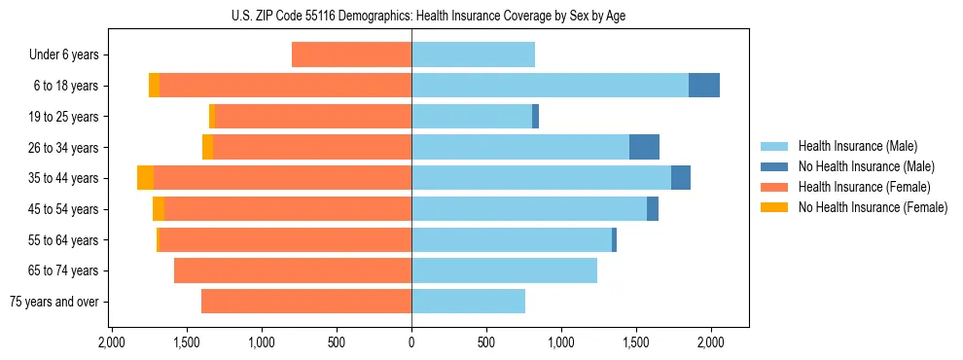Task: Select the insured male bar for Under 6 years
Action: pos(473,54)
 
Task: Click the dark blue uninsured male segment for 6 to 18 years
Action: pos(704,86)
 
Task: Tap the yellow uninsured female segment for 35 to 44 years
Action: pos(145,178)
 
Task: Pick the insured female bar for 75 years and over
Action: pos(306,302)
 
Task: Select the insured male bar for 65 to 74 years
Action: pos(504,270)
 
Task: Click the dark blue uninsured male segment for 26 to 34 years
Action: pos(644,147)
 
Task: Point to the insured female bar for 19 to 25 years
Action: pos(361,117)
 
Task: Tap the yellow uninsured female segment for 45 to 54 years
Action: pos(159,209)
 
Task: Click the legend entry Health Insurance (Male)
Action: pos(857,146)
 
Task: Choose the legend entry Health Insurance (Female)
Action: pos(864,187)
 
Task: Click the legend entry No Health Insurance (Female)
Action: pos(873,207)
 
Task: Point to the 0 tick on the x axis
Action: pos(411,342)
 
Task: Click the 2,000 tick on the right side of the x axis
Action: pos(711,342)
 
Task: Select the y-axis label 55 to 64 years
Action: pos(59,240)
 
